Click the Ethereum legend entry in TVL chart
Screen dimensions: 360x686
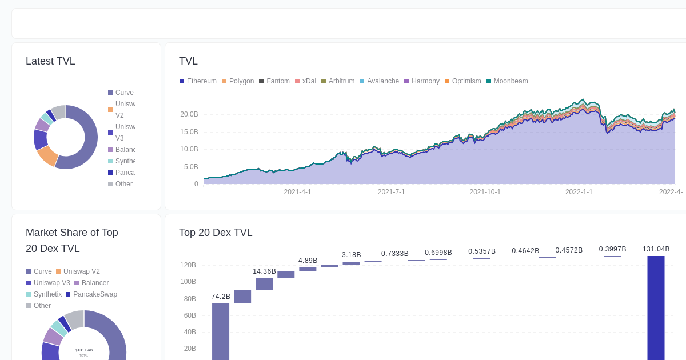pyautogui.click(x=198, y=81)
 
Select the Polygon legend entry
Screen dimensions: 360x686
pyautogui.click(x=238, y=81)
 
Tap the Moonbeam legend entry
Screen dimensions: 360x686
pyautogui.click(x=507, y=81)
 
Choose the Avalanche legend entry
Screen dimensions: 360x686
pyautogui.click(x=379, y=81)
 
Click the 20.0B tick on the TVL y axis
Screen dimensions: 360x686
pyautogui.click(x=189, y=114)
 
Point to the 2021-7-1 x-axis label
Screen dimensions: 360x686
pyautogui.click(x=391, y=192)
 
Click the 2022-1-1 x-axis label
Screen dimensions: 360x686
pyautogui.click(x=579, y=192)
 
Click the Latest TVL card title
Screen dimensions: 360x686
pyautogui.click(x=50, y=61)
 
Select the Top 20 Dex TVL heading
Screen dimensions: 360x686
pyautogui.click(x=216, y=233)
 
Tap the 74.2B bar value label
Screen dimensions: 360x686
pyautogui.click(x=221, y=297)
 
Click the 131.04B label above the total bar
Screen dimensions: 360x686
pyautogui.click(x=656, y=249)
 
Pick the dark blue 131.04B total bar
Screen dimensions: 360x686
pyautogui.click(x=656, y=309)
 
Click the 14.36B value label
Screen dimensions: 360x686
pyautogui.click(x=264, y=271)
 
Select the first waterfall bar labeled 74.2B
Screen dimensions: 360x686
pyautogui.click(x=221, y=331)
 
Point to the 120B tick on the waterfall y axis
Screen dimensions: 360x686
pyautogui.click(x=188, y=265)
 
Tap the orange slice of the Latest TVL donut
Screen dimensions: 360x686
pyautogui.click(x=48, y=155)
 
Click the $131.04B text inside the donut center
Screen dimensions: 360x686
pyautogui.click(x=83, y=350)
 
